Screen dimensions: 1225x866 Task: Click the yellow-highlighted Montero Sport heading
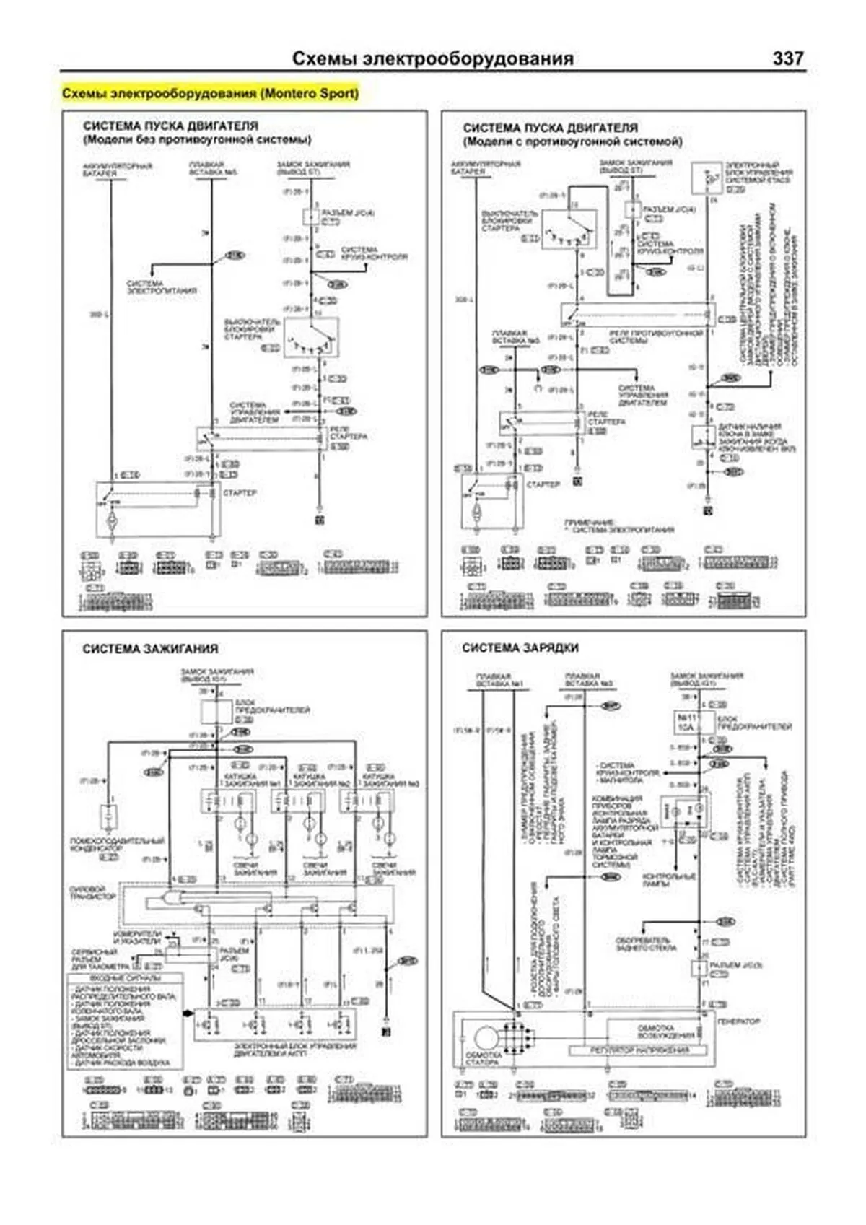[x=210, y=94]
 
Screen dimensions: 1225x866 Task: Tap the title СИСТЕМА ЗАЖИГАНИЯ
[x=150, y=649]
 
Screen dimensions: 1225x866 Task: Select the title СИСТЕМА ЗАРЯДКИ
[x=520, y=648]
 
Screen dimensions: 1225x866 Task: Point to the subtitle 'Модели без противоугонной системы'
[x=197, y=140]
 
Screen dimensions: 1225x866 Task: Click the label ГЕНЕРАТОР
[x=738, y=1022]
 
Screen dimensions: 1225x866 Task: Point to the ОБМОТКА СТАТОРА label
[x=483, y=1058]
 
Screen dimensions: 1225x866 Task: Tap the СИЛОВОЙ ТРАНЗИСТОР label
[x=92, y=893]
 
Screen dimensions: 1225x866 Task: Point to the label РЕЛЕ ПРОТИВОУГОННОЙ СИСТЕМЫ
[x=655, y=336]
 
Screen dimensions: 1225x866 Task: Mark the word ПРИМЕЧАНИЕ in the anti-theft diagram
[x=589, y=522]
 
